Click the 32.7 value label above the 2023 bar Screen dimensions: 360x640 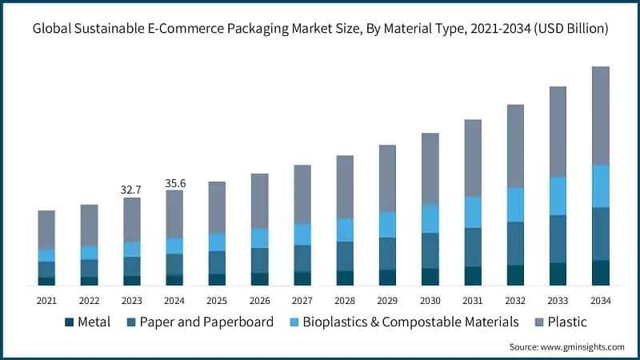click(x=131, y=190)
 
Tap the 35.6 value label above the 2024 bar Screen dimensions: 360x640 click(x=174, y=183)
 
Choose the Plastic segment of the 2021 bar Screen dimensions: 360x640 click(x=46, y=230)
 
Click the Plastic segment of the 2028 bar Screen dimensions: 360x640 click(x=345, y=186)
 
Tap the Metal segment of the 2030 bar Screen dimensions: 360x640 click(x=430, y=276)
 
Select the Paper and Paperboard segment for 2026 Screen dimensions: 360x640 click(x=259, y=260)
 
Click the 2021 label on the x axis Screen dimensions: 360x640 click(x=46, y=301)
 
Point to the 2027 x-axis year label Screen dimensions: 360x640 click(x=302, y=301)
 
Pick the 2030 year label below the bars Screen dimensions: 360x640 click(x=430, y=301)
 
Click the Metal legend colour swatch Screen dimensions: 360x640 click(x=70, y=322)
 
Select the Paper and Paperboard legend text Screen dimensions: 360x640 click(x=206, y=322)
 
